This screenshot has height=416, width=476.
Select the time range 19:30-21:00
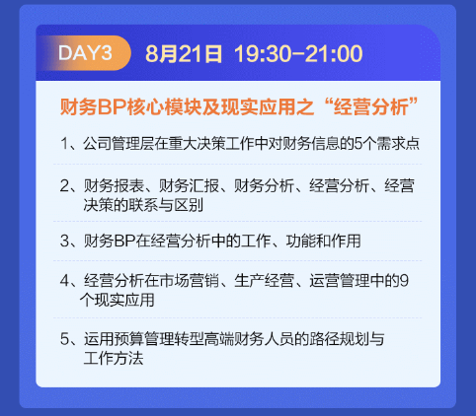298,53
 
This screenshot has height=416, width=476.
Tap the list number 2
64,185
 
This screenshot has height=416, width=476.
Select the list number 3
64,240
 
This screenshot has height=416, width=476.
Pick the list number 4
64,281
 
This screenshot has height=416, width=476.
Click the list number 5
64,337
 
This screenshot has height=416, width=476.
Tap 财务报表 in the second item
111,185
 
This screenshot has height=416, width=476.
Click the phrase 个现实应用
120,300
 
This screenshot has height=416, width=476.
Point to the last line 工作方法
114,357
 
